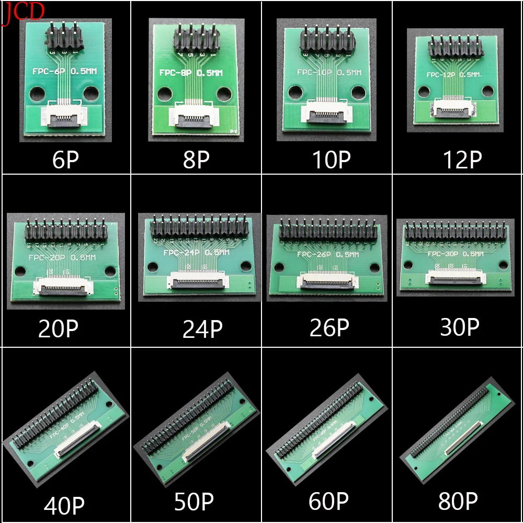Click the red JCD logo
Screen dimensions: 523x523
point(24,12)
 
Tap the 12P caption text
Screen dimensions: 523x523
point(462,159)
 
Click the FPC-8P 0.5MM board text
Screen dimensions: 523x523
point(191,73)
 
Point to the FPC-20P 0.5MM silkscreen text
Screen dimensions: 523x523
point(62,257)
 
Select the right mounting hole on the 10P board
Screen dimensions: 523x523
point(358,92)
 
